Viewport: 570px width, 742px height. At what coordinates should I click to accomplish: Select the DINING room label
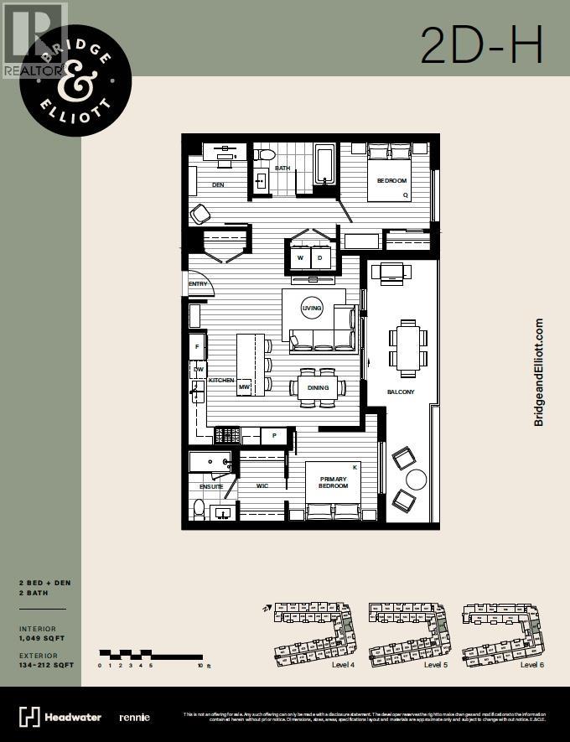tap(318, 388)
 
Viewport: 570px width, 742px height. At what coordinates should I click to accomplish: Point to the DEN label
tap(218, 184)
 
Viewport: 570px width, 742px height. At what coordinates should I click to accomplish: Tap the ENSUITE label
tap(211, 486)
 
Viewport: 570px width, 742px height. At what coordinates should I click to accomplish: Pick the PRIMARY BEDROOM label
tap(333, 482)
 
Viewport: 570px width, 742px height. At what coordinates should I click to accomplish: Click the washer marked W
tap(299, 258)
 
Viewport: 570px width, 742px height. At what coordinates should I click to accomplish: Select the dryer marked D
tap(320, 258)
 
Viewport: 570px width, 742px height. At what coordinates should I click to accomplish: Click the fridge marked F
tap(198, 345)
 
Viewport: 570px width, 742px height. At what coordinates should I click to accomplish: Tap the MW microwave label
tap(245, 387)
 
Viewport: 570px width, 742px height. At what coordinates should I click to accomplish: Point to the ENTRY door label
tap(198, 283)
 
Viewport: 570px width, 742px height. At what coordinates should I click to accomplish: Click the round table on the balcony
tap(417, 480)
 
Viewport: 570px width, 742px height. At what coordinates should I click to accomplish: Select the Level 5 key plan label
tap(434, 665)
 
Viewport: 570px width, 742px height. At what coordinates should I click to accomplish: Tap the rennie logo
tap(134, 717)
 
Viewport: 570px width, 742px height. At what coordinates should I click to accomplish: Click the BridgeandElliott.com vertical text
tap(539, 371)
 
